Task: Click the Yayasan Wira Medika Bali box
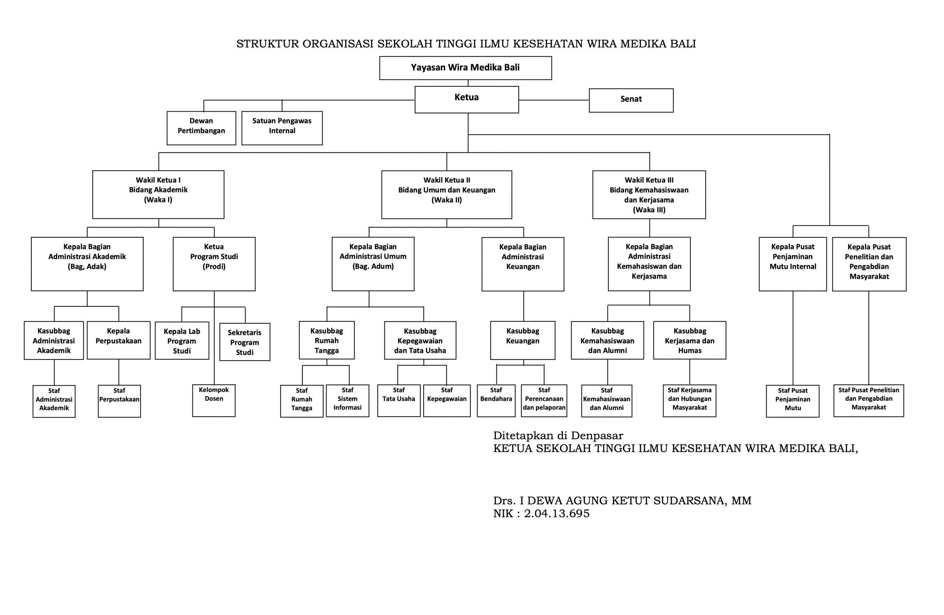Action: [x=465, y=68]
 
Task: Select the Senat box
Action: [x=631, y=100]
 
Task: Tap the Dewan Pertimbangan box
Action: [x=201, y=128]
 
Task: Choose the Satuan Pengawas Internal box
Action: [x=282, y=128]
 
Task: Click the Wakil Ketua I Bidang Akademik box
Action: [x=158, y=195]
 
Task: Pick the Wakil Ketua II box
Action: [x=447, y=195]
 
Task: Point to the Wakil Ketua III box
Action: [x=649, y=195]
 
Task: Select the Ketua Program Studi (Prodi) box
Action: [x=214, y=264]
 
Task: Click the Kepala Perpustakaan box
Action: [x=119, y=340]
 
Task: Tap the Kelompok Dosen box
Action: [x=214, y=400]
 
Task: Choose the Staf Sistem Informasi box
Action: [x=347, y=400]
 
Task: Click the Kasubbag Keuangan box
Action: [x=523, y=340]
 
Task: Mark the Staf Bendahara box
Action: [x=496, y=400]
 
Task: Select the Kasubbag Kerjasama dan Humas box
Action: [x=690, y=340]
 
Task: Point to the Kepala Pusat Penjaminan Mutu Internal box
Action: [x=793, y=264]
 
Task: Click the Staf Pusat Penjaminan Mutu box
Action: [x=792, y=401]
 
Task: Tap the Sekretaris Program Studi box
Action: [x=245, y=342]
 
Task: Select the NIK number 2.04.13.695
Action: [x=556, y=514]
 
